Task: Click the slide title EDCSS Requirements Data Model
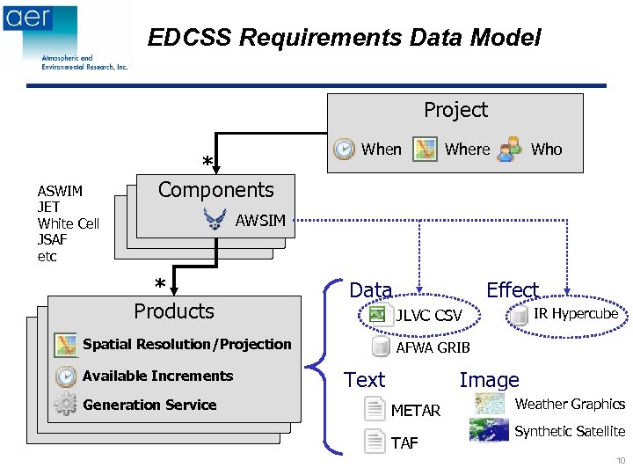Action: (x=344, y=38)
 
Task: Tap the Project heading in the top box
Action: (x=455, y=110)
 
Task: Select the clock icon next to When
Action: (x=344, y=150)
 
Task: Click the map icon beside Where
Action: (x=426, y=150)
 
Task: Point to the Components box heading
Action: (x=215, y=189)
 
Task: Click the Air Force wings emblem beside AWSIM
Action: (x=215, y=219)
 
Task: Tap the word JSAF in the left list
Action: (x=53, y=239)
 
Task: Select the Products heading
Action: (x=173, y=311)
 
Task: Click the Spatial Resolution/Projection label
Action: (x=186, y=344)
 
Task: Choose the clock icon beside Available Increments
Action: (x=66, y=376)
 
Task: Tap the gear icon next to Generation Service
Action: (x=66, y=405)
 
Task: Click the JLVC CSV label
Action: (x=429, y=315)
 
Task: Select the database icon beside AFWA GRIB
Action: (x=381, y=347)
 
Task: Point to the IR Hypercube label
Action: (x=576, y=314)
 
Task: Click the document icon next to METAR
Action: (x=375, y=410)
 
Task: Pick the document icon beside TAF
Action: (x=375, y=442)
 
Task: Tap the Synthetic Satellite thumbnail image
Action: (x=489, y=430)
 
